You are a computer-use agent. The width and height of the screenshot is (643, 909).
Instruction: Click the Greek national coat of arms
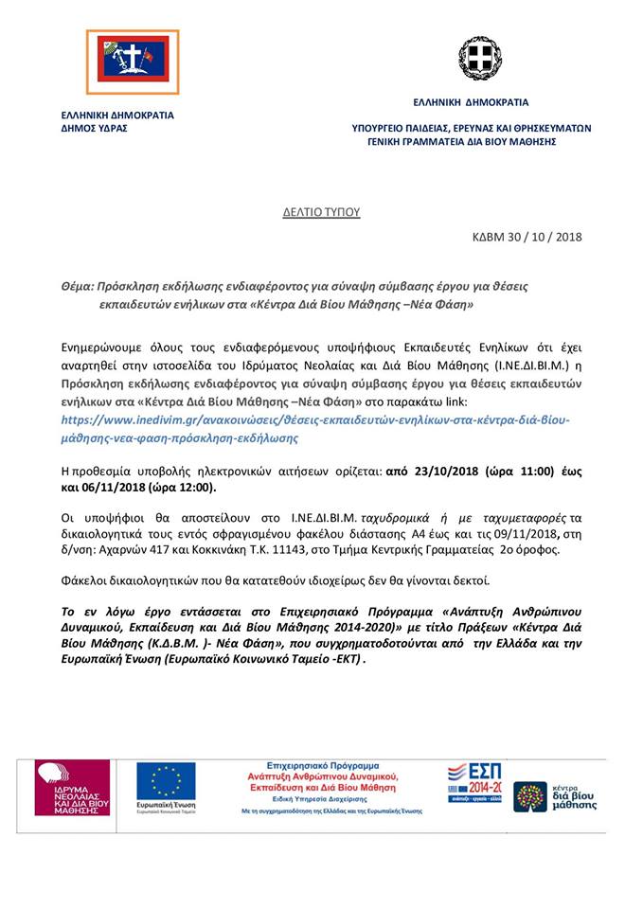[x=480, y=59]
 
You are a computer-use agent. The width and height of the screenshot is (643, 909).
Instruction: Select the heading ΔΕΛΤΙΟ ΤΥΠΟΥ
[x=322, y=212]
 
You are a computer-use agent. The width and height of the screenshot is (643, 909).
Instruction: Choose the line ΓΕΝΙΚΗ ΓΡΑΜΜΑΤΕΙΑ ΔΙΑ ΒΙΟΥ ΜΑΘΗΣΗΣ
[x=461, y=142]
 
